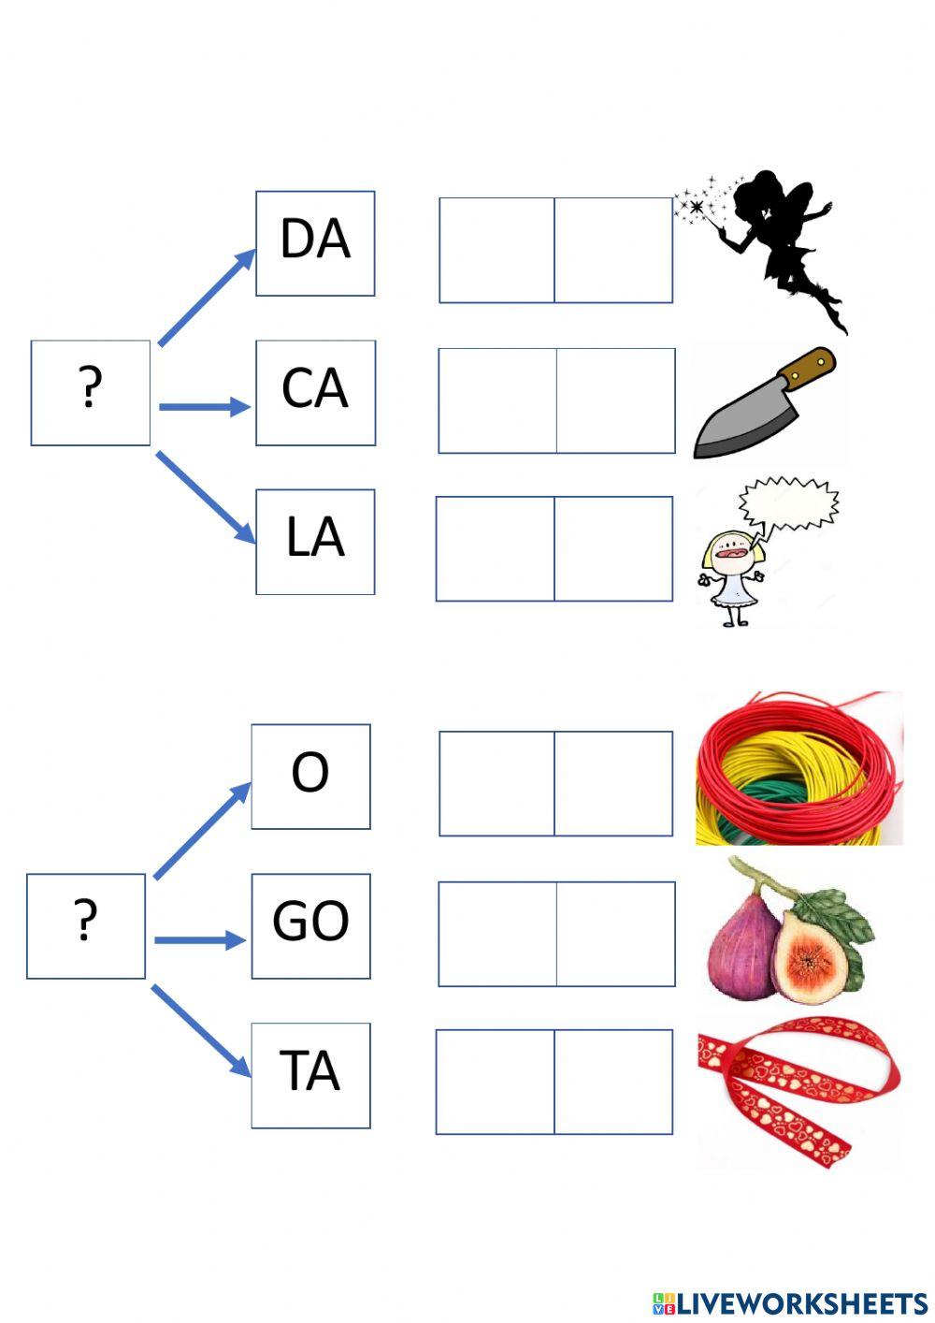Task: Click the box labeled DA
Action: pyautogui.click(x=315, y=243)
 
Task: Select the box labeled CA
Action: pyautogui.click(x=315, y=392)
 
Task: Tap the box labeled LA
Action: pyautogui.click(x=315, y=541)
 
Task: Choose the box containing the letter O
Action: pyautogui.click(x=310, y=776)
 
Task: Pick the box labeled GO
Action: pyautogui.click(x=310, y=925)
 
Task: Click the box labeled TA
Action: pyautogui.click(x=310, y=1074)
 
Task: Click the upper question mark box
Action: pyautogui.click(x=90, y=392)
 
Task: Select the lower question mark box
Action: pyautogui.click(x=85, y=925)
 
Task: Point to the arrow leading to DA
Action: pyautogui.click(x=208, y=297)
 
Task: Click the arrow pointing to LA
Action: pyautogui.click(x=206, y=497)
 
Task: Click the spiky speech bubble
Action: pyautogui.click(x=788, y=503)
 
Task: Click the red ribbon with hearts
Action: pyautogui.click(x=795, y=1090)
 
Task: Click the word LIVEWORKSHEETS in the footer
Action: pyautogui.click(x=801, y=1303)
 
